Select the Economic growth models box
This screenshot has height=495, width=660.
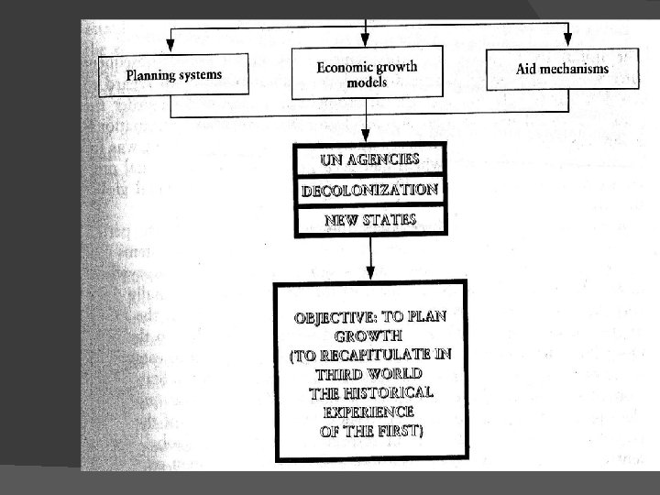coord(367,73)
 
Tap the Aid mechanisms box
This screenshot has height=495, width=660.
coord(562,70)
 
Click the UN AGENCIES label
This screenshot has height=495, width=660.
coord(369,159)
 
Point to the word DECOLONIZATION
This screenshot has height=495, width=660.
coord(369,190)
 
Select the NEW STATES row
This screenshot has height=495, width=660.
coord(369,220)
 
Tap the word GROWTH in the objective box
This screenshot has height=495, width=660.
coord(370,336)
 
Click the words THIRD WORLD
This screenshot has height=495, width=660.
coord(369,374)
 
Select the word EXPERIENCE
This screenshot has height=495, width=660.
coord(369,412)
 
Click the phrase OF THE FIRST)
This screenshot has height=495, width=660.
coord(370,430)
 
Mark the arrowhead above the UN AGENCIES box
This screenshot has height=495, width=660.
coord(368,135)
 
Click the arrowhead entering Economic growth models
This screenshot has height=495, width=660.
coord(366,38)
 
